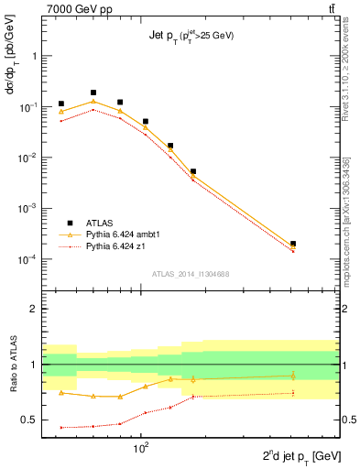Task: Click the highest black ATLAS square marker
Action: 93,93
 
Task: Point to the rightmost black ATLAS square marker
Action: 293,244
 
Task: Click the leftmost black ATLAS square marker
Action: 61,104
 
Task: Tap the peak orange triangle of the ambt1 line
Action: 93,102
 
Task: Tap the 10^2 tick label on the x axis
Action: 142,448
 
